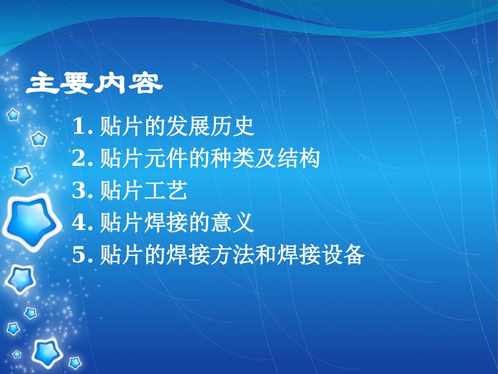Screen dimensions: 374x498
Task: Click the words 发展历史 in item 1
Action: pos(210,126)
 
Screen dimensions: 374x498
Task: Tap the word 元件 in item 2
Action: pos(166,159)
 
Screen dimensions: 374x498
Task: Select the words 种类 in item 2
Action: pos(232,159)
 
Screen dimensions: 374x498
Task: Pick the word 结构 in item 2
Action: pos(298,159)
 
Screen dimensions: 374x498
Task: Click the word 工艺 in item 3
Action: pos(166,191)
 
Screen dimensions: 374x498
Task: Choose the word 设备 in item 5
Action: pos(342,256)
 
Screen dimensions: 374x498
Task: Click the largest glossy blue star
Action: pos(31,222)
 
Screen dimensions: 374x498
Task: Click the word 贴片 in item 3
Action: pos(122,191)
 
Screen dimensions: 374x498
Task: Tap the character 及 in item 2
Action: pos(265,159)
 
